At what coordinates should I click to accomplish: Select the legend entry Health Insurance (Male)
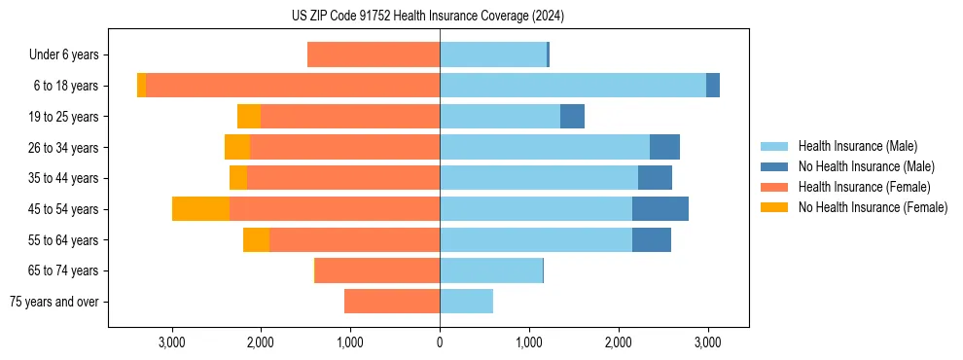[856, 146]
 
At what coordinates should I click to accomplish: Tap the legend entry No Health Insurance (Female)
[873, 207]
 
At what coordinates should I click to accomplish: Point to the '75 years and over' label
[54, 302]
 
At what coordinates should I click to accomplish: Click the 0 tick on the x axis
[440, 342]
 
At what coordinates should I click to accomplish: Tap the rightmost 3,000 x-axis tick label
[707, 342]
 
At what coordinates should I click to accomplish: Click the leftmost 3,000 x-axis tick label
[171, 342]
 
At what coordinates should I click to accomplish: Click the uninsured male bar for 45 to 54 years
[660, 209]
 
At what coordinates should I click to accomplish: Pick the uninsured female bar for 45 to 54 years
[200, 209]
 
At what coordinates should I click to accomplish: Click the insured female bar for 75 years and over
[392, 302]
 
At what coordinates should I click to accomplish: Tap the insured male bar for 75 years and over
[466, 302]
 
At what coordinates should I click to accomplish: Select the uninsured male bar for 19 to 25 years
[572, 117]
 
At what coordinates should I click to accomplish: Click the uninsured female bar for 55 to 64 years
[256, 240]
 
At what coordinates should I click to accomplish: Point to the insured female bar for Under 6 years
[374, 55]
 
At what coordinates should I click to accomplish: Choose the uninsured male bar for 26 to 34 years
[664, 148]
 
